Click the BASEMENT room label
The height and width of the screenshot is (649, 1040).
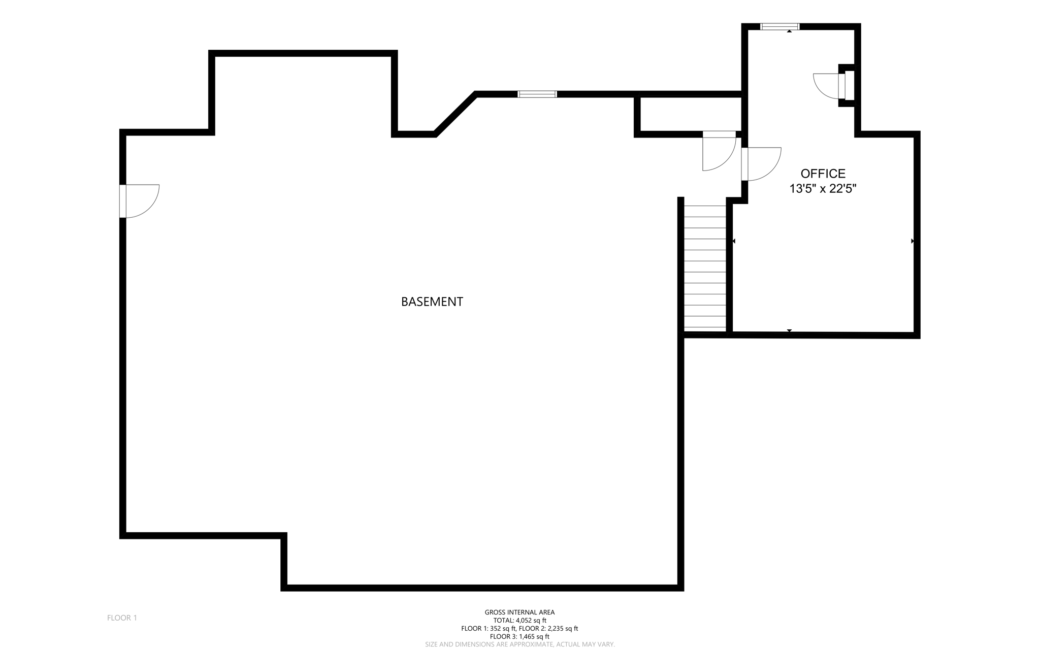pos(432,301)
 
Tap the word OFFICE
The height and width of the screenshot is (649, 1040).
pos(823,174)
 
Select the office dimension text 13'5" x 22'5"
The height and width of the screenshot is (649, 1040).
pos(823,189)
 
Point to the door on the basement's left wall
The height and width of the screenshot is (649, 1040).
pos(139,201)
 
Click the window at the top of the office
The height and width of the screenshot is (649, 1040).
pos(779,26)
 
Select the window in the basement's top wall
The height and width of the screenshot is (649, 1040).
pos(537,94)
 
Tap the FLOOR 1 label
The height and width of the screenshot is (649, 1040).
pos(122,618)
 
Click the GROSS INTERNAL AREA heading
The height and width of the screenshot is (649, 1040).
pos(519,612)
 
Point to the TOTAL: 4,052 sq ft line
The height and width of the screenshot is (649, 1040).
pos(519,620)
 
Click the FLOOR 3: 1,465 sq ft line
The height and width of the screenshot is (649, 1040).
pos(519,636)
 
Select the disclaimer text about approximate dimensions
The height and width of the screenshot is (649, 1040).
pos(519,644)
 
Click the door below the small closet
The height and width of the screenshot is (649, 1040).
pos(719,151)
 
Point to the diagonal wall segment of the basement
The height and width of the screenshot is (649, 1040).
pos(455,114)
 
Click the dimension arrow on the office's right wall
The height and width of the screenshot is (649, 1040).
pos(913,241)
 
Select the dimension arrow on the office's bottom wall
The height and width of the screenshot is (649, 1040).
pos(789,331)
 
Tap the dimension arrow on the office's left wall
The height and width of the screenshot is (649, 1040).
pos(733,241)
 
